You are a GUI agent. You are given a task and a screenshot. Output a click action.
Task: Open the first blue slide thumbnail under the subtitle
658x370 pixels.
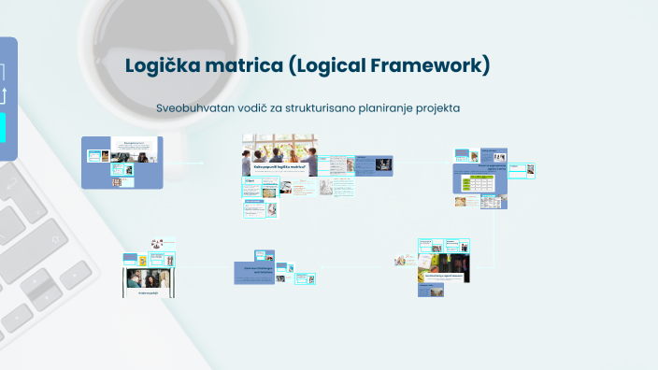(122, 162)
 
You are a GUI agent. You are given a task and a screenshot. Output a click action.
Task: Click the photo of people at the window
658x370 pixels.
(279, 149)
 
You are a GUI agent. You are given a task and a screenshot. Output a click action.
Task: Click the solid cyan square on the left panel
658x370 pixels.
(3, 126)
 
